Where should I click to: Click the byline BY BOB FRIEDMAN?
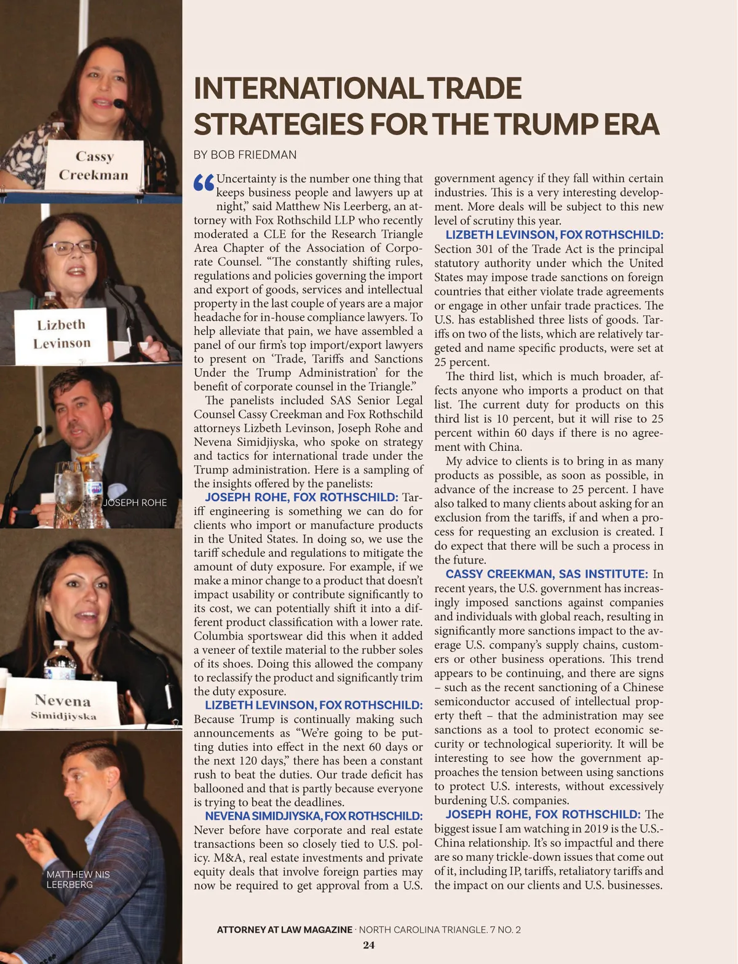point(245,155)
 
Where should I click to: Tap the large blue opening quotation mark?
point(204,182)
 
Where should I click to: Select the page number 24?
point(368,945)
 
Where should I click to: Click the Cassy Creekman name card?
point(93,165)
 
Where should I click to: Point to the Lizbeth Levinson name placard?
point(61,334)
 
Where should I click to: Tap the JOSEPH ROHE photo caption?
point(135,503)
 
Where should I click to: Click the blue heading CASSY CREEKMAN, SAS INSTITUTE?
point(547,574)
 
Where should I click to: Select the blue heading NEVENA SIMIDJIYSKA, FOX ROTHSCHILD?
point(314,816)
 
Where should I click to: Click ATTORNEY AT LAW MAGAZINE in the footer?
point(284,930)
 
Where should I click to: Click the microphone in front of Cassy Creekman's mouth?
point(119,104)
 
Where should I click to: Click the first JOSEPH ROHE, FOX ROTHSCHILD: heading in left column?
point(301,497)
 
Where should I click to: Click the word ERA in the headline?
point(631,125)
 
